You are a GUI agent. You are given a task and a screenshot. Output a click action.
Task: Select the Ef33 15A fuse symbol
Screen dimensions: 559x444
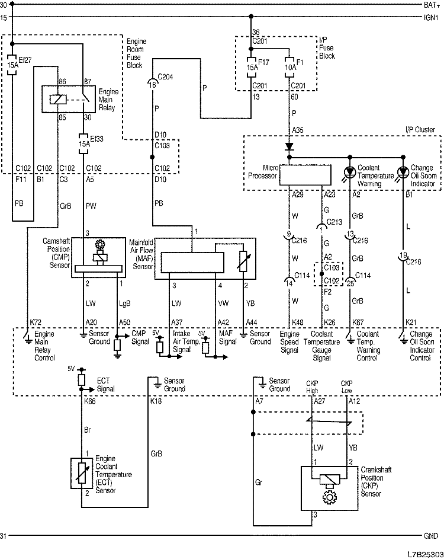(83, 142)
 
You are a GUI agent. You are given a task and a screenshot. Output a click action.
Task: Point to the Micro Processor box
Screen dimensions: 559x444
(305, 175)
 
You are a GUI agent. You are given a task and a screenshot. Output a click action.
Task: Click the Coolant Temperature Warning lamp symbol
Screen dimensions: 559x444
(350, 172)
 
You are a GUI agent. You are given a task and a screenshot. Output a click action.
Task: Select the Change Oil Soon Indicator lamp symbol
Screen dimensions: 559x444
(403, 172)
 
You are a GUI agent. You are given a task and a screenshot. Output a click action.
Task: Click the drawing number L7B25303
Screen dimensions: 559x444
(423, 554)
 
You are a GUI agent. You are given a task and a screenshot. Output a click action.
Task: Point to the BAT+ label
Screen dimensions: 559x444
(430, 5)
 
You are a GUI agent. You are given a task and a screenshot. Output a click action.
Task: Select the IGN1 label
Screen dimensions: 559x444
(430, 17)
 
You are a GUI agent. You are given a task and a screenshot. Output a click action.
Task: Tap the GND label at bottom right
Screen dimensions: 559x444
(430, 536)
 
